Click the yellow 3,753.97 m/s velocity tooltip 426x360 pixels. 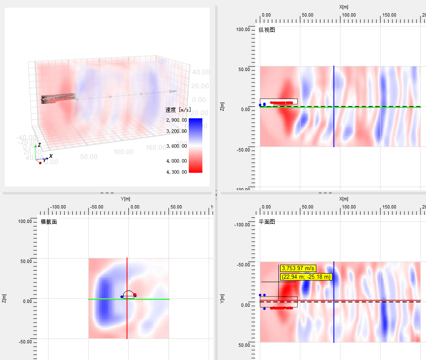[298, 268]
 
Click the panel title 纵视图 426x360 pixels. [267, 30]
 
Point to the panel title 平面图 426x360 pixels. [267, 222]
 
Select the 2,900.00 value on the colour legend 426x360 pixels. [176, 120]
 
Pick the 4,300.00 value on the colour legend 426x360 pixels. [176, 172]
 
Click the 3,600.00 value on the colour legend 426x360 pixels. [176, 146]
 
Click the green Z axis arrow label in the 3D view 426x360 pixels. [39, 145]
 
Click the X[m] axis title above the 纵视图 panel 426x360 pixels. [344, 7]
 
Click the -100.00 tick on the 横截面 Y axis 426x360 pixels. [58, 207]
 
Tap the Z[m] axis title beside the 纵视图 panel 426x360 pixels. [222, 106]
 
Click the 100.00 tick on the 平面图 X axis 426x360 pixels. [349, 207]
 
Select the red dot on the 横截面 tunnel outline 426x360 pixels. [135, 295]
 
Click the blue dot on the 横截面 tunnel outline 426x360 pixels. [122, 297]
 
